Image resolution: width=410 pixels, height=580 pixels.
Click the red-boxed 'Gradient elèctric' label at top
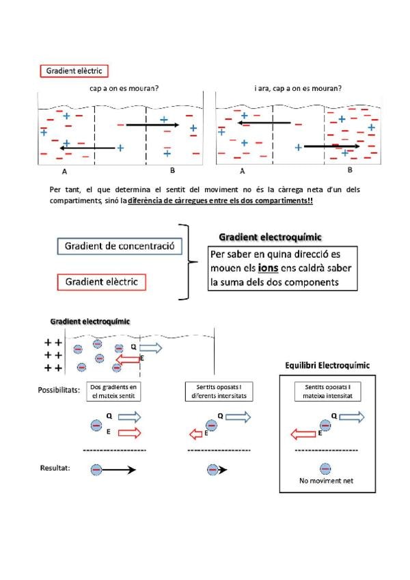click(x=74, y=71)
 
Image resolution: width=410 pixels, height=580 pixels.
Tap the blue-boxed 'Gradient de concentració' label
click(x=120, y=246)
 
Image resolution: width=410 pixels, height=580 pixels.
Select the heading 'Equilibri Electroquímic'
click(x=327, y=365)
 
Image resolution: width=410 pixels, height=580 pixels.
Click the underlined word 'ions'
click(x=268, y=268)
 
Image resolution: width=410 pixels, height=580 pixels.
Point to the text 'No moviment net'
click(x=326, y=481)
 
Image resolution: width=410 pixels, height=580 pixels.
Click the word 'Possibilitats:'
click(x=59, y=391)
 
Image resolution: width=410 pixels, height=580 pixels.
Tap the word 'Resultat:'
click(x=55, y=468)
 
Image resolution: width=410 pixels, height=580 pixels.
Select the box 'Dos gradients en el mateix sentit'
click(x=113, y=391)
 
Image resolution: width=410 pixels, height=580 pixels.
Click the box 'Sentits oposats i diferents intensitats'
click(x=219, y=391)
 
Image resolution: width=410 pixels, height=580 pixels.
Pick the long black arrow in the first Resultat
click(x=118, y=470)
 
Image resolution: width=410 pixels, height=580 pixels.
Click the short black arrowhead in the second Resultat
click(x=223, y=470)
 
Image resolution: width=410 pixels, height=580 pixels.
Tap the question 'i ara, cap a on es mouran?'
click(x=298, y=88)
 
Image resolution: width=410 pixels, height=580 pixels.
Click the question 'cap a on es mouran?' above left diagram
click(x=124, y=88)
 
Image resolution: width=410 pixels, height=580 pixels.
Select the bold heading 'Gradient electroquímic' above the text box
click(x=270, y=237)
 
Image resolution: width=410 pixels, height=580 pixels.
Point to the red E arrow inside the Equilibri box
click(x=303, y=434)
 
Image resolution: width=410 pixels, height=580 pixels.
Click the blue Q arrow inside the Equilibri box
click(x=352, y=417)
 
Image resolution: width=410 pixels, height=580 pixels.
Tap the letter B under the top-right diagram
click(x=350, y=170)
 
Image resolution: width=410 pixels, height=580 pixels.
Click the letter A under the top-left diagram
click(x=64, y=172)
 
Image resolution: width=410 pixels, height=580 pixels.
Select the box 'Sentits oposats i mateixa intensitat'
click(x=327, y=391)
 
